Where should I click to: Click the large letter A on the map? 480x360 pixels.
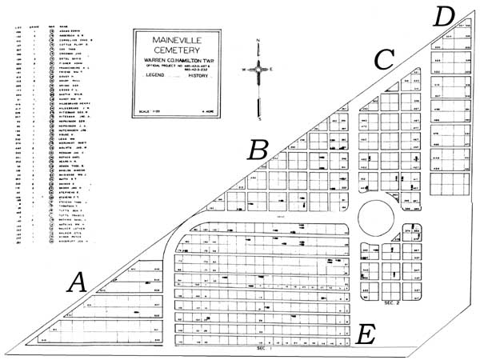pyautogui.click(x=78, y=282)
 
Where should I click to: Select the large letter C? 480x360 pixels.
pyautogui.click(x=385, y=58)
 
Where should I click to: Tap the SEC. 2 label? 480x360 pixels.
pyautogui.click(x=390, y=304)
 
